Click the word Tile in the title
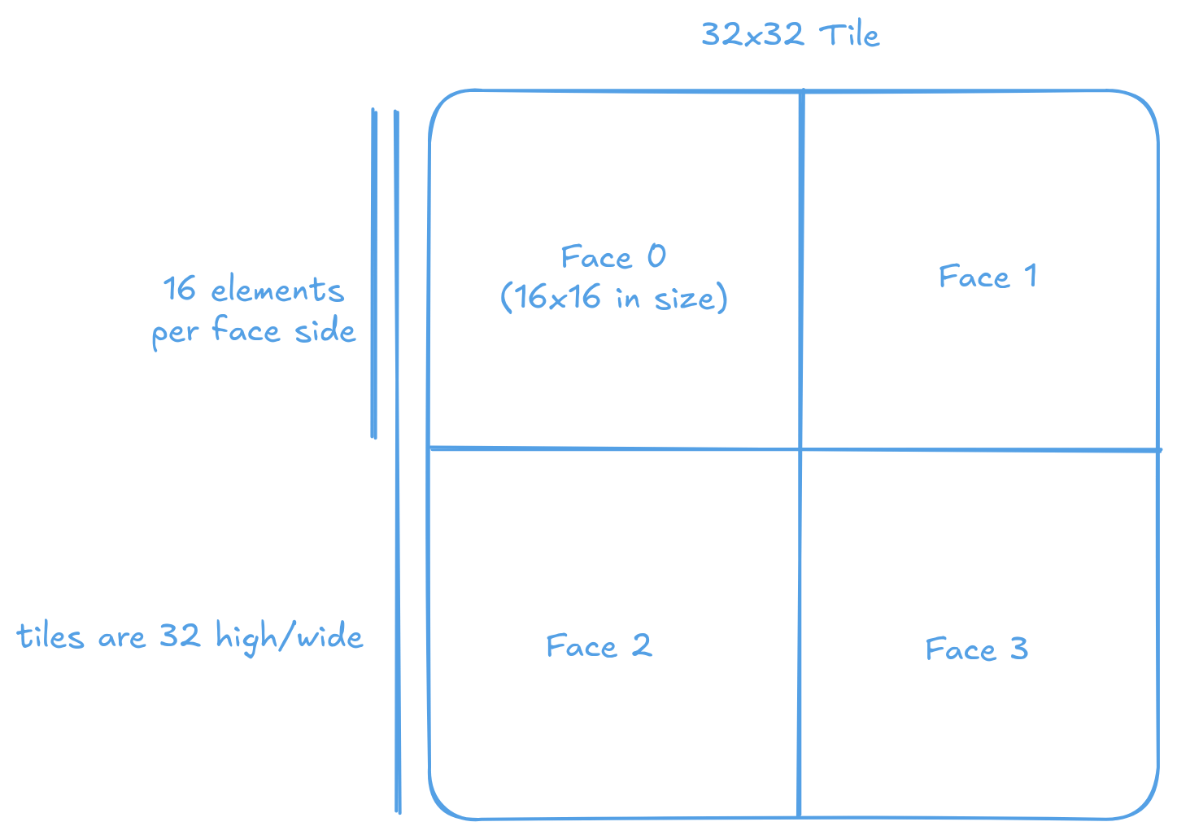click(x=849, y=35)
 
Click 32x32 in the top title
click(x=752, y=34)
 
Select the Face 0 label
click(x=613, y=257)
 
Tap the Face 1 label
click(x=987, y=277)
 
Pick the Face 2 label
click(x=599, y=646)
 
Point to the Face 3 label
click(x=976, y=649)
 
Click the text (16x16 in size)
click(x=613, y=298)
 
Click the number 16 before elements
click(x=180, y=289)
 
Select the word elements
click(x=277, y=291)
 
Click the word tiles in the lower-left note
click(x=50, y=636)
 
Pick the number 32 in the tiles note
click(x=179, y=635)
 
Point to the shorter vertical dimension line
click(x=374, y=273)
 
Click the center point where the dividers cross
click(x=800, y=448)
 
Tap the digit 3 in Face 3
click(x=1019, y=649)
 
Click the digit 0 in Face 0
click(x=656, y=256)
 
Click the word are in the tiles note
click(x=121, y=637)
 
